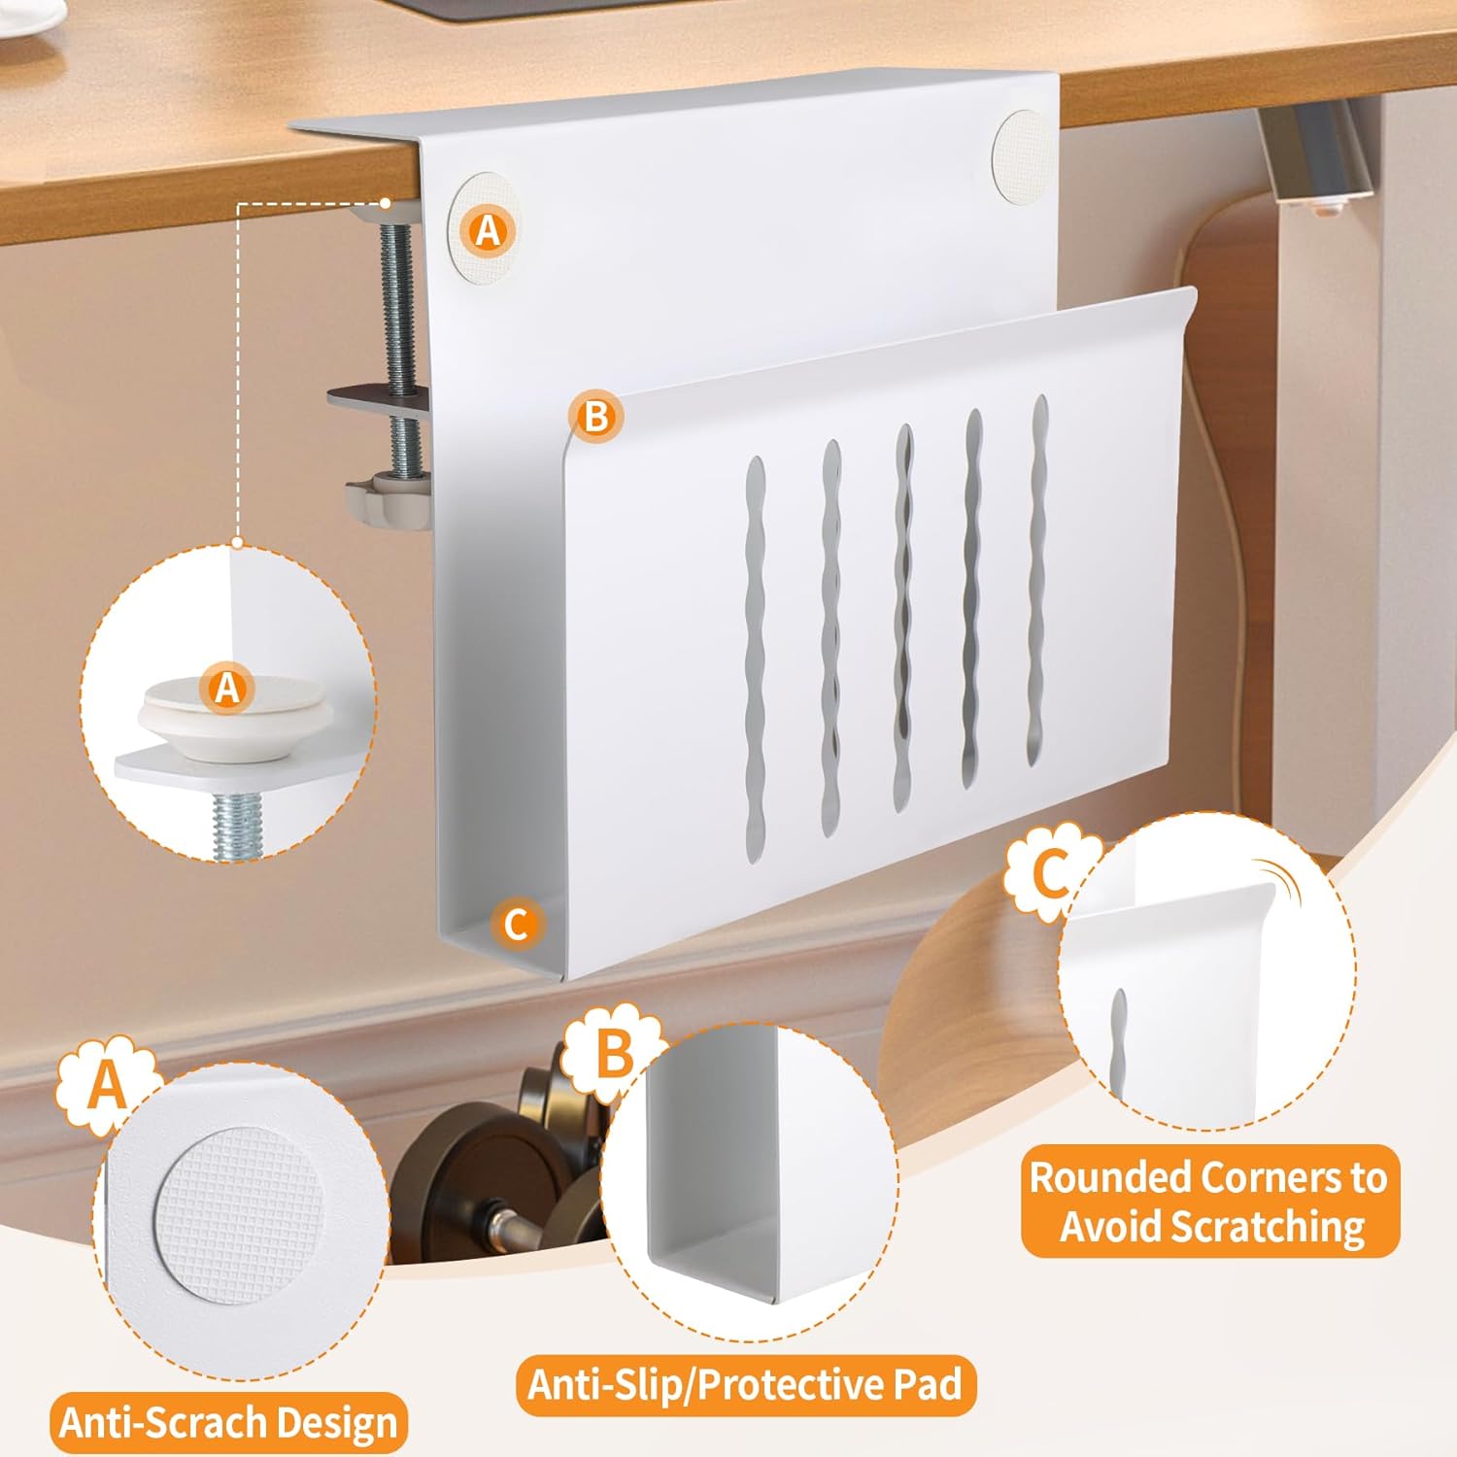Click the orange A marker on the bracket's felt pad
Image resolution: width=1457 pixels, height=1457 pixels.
point(488,230)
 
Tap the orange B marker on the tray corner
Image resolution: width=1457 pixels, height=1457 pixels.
point(596,417)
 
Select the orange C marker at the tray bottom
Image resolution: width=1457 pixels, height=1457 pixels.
point(517,923)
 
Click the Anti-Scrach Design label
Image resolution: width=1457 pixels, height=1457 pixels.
point(229,1423)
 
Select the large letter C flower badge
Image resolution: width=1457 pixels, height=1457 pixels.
point(1051,871)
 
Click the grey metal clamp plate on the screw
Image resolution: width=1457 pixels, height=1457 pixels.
point(379,400)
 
